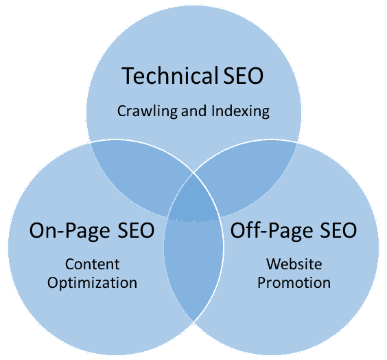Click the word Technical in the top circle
[169, 76]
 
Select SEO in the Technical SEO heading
[244, 76]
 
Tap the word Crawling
[147, 111]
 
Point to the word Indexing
[240, 111]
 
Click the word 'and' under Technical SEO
[194, 111]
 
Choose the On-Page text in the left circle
[69, 230]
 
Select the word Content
[93, 264]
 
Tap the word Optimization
[93, 283]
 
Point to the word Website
[294, 264]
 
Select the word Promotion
[294, 283]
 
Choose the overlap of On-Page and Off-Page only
[193, 267]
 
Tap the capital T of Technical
[128, 76]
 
